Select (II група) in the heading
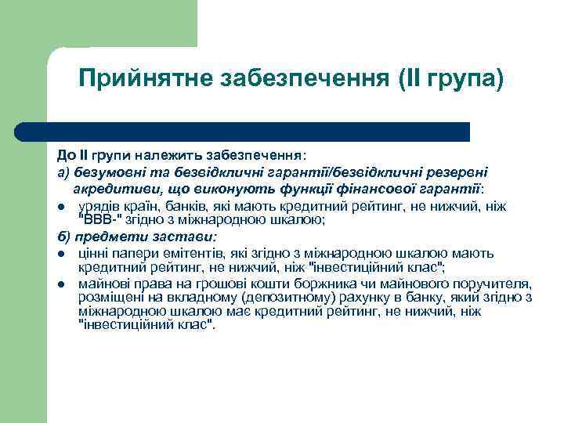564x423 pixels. [450, 79]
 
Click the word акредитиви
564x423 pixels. [111, 189]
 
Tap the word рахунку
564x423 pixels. [341, 298]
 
